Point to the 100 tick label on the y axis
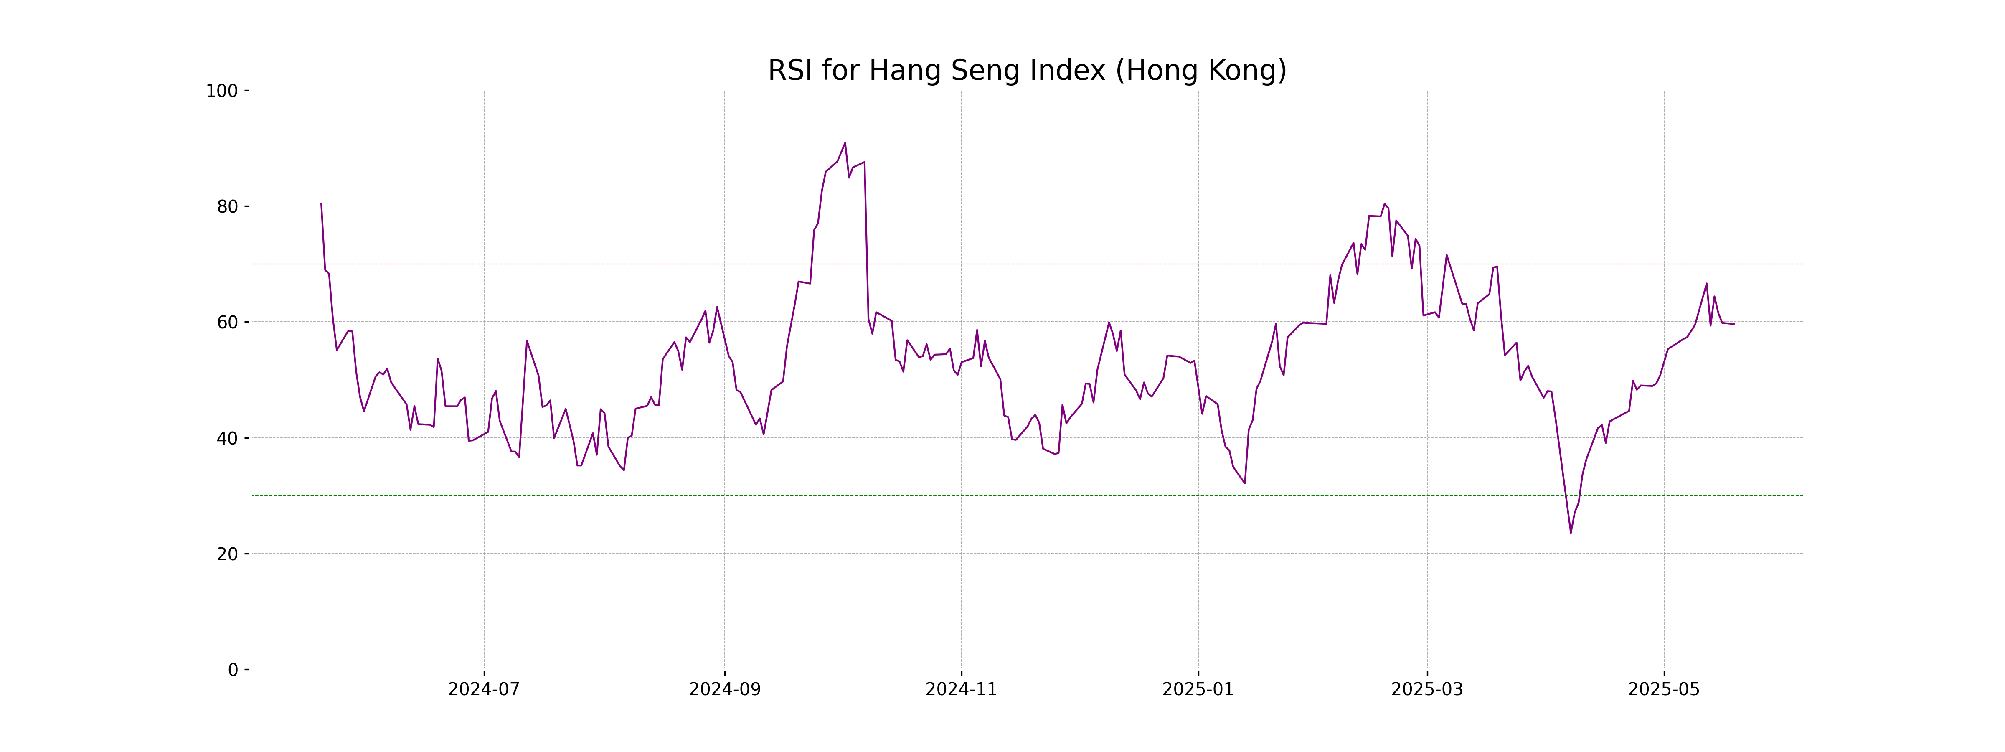(222, 91)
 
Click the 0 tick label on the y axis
(233, 670)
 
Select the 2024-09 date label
(725, 690)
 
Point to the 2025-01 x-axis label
(1198, 690)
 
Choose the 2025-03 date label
(1427, 690)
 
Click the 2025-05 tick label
(1664, 690)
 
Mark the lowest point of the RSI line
(1571, 533)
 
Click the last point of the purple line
(1734, 324)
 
